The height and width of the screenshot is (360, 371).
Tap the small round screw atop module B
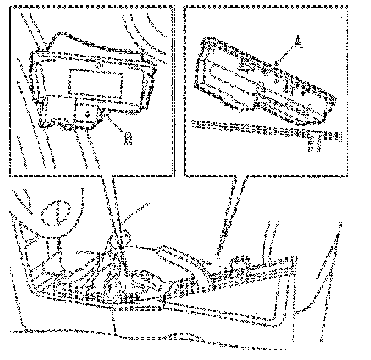pos(99,63)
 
